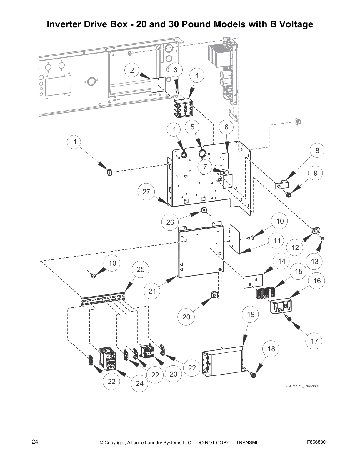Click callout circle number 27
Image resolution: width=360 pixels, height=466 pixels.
click(x=146, y=192)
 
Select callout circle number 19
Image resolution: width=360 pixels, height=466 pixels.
click(x=251, y=314)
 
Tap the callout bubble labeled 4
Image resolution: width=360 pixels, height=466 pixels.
click(x=197, y=75)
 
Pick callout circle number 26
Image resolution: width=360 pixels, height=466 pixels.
click(x=170, y=222)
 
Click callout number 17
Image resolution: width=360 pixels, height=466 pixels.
click(x=314, y=341)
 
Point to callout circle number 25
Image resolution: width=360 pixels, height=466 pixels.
click(x=141, y=269)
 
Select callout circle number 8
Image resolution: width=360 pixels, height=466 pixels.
click(x=317, y=151)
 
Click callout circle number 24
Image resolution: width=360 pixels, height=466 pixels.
click(x=139, y=383)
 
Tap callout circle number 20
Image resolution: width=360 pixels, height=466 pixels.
click(x=186, y=317)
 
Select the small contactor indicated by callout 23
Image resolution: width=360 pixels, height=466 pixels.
click(x=148, y=351)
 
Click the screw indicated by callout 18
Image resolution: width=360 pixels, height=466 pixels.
click(x=253, y=375)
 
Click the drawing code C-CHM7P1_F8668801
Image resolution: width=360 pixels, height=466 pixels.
click(x=301, y=386)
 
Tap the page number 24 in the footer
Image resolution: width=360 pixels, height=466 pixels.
click(x=35, y=442)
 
